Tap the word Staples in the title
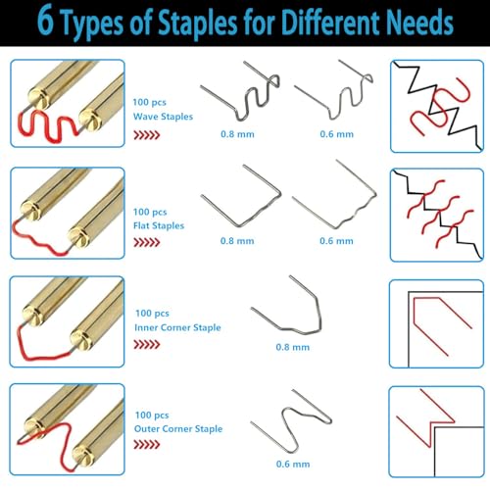[197, 23]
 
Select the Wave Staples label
[163, 117]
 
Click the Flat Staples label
[159, 225]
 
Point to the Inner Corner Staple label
[177, 327]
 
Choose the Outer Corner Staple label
[178, 429]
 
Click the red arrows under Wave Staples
[147, 135]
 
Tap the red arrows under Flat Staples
[147, 242]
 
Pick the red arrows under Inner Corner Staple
[147, 344]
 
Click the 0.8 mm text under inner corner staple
[293, 347]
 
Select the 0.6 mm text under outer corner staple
[293, 464]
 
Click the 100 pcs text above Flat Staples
[150, 212]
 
